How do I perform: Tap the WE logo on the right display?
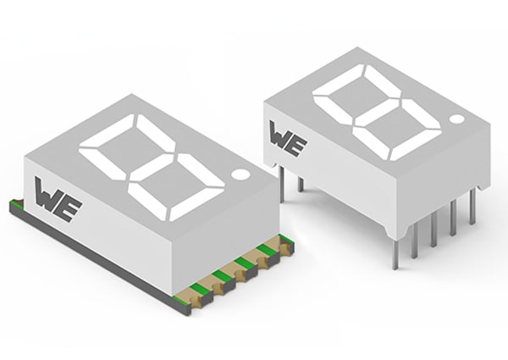tap(288, 136)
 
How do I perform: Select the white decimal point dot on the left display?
tap(240, 174)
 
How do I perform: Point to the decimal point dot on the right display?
tap(457, 120)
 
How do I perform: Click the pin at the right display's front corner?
tap(396, 252)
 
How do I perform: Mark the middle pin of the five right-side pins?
tap(434, 231)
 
